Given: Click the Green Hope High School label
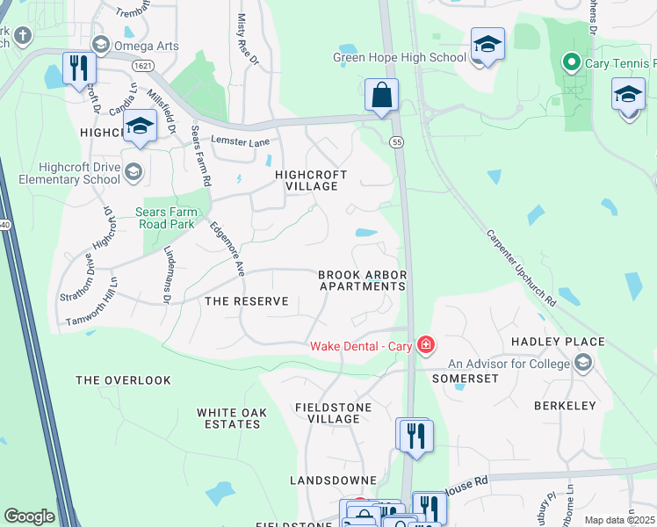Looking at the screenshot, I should [x=400, y=58].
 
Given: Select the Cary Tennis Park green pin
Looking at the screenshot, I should [x=570, y=62].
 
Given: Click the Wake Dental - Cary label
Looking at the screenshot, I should [x=361, y=345].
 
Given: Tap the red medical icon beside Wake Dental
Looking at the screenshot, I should [x=426, y=344].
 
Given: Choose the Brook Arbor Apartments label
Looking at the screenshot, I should [x=362, y=280].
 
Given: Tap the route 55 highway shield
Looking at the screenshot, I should [x=397, y=141].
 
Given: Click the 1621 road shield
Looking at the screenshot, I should [x=142, y=66].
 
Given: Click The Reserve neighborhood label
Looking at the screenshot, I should [x=246, y=301].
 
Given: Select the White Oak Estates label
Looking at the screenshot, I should [x=228, y=418].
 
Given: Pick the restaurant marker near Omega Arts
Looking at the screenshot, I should [x=78, y=68].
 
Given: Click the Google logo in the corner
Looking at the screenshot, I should [x=29, y=516].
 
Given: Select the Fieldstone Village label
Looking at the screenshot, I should [x=327, y=413].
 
